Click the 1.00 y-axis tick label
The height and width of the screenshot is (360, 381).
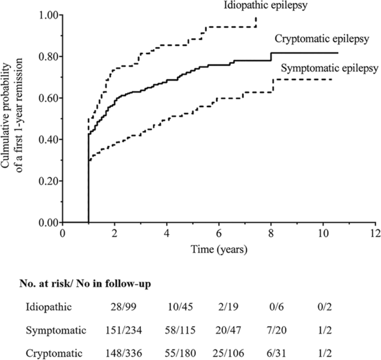49,15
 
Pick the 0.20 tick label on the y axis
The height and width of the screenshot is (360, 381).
49,181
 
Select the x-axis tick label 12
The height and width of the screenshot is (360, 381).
375,232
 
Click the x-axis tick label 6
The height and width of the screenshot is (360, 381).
219,232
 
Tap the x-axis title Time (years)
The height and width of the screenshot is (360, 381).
219,248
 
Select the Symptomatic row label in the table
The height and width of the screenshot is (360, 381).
56,331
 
